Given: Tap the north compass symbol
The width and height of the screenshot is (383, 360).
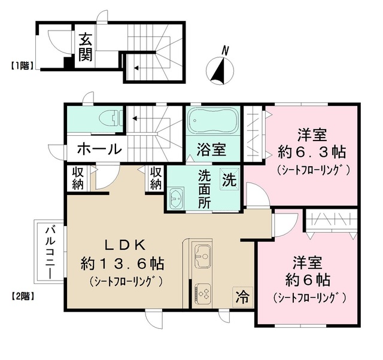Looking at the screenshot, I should pyautogui.click(x=219, y=68).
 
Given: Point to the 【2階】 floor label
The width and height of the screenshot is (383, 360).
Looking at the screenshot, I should pyautogui.click(x=22, y=295).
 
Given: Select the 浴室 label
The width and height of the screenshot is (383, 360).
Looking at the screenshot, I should pyautogui.click(x=212, y=150).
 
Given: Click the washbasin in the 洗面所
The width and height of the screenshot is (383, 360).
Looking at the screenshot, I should pyautogui.click(x=176, y=198).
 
